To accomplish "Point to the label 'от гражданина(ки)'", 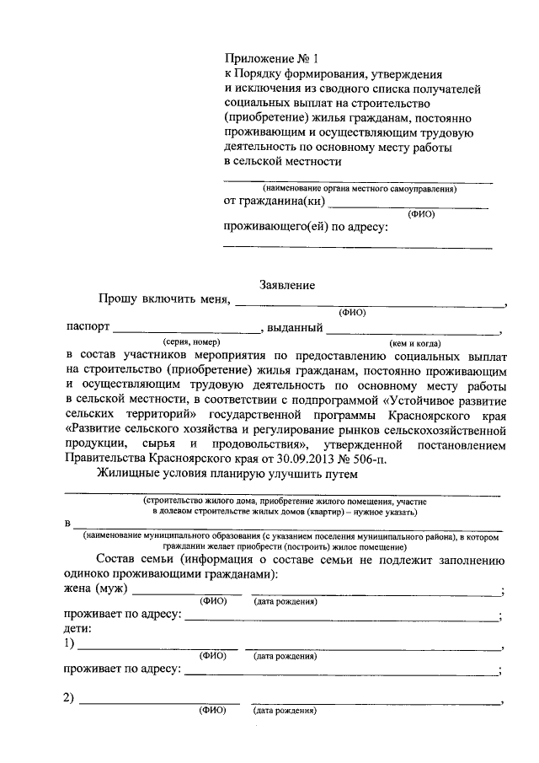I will click(274, 202).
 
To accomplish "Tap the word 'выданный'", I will click(296, 329).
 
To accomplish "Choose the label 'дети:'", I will click(79, 629).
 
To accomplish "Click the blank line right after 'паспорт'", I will click(186, 330).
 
